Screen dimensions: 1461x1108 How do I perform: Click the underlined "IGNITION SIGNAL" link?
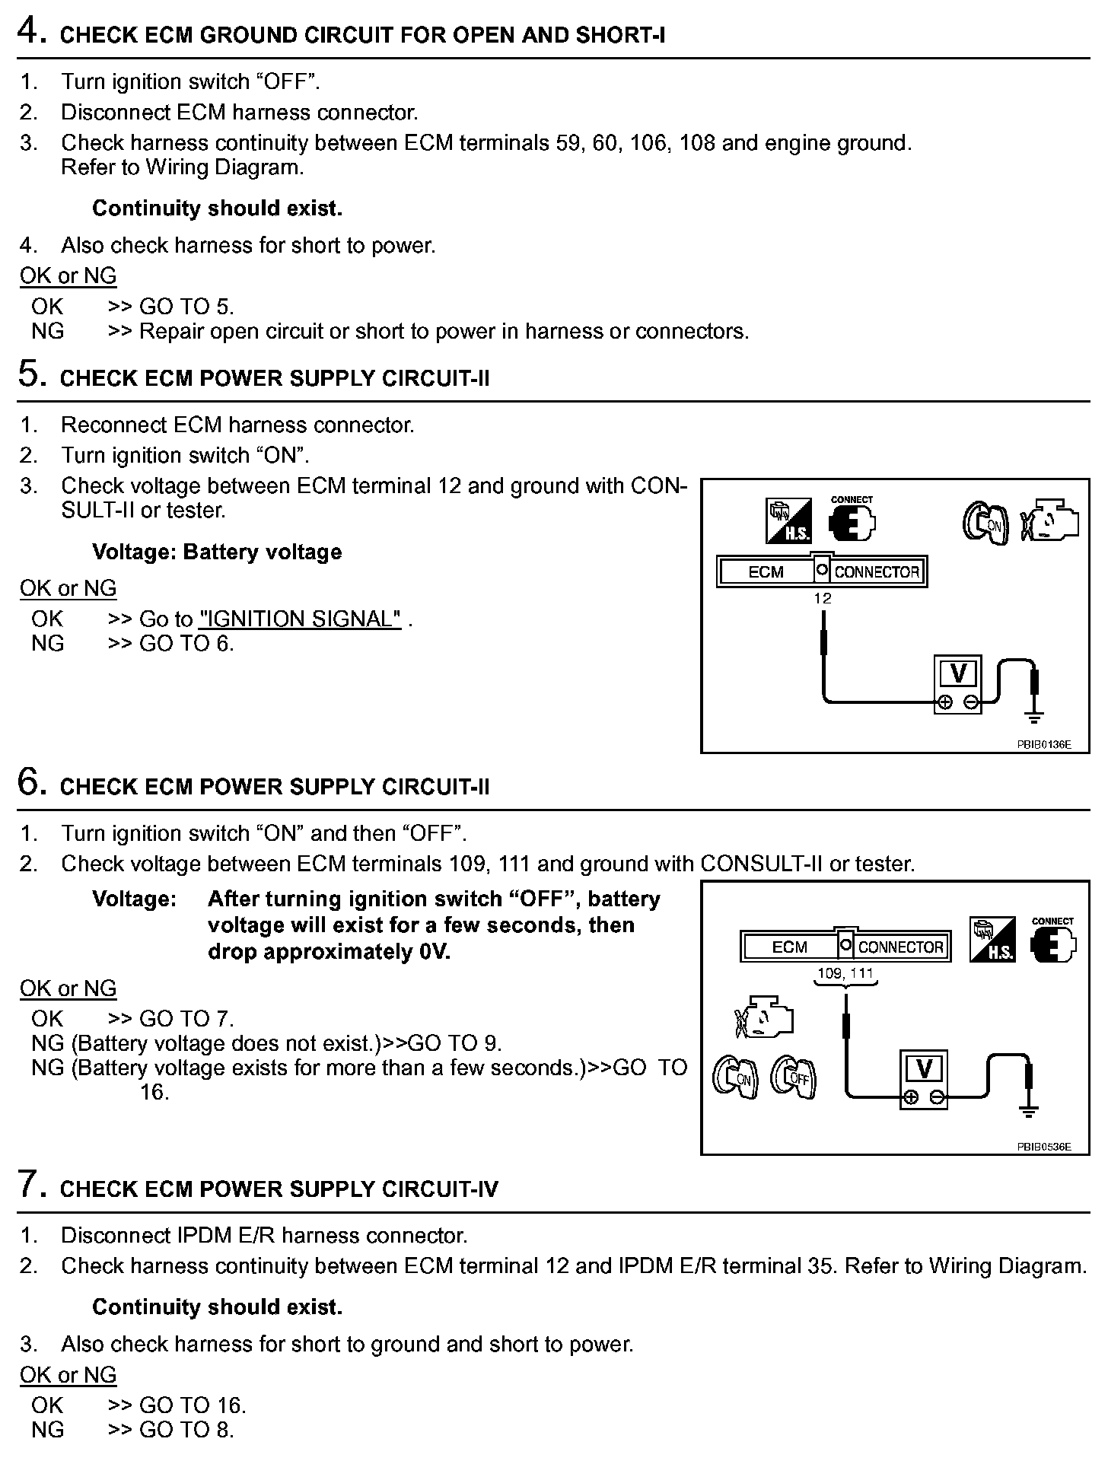300,619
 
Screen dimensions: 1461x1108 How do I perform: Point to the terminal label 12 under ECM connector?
822,598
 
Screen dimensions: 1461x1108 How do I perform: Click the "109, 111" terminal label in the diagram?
845,973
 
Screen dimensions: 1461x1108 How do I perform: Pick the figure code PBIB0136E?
1043,744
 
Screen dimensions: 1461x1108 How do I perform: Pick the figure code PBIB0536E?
1043,1146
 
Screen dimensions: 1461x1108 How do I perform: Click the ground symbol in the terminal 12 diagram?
1033,715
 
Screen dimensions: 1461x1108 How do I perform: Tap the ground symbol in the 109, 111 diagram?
1028,1111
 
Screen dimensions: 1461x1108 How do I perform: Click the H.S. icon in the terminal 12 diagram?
788,521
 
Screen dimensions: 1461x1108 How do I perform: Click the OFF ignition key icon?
793,1077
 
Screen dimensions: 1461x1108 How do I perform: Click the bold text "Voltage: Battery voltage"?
217,552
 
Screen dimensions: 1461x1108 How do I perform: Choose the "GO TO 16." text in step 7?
193,1405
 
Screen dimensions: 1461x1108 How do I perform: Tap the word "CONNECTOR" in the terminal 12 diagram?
877,572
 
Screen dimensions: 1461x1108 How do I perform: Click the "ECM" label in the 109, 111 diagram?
789,947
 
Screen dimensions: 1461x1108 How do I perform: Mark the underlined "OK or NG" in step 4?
68,275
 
